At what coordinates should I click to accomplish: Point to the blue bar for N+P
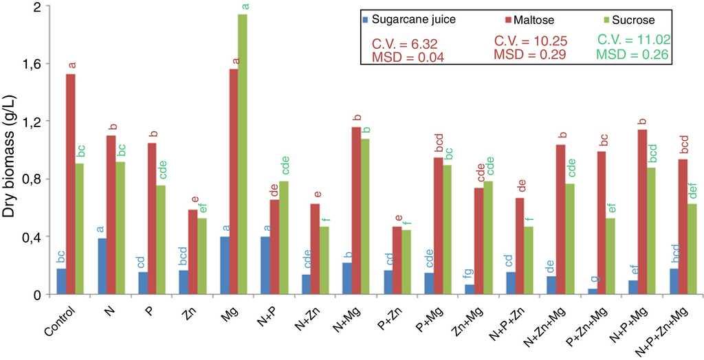point(265,265)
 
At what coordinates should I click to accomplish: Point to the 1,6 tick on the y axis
point(33,64)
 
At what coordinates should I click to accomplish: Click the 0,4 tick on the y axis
point(33,237)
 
